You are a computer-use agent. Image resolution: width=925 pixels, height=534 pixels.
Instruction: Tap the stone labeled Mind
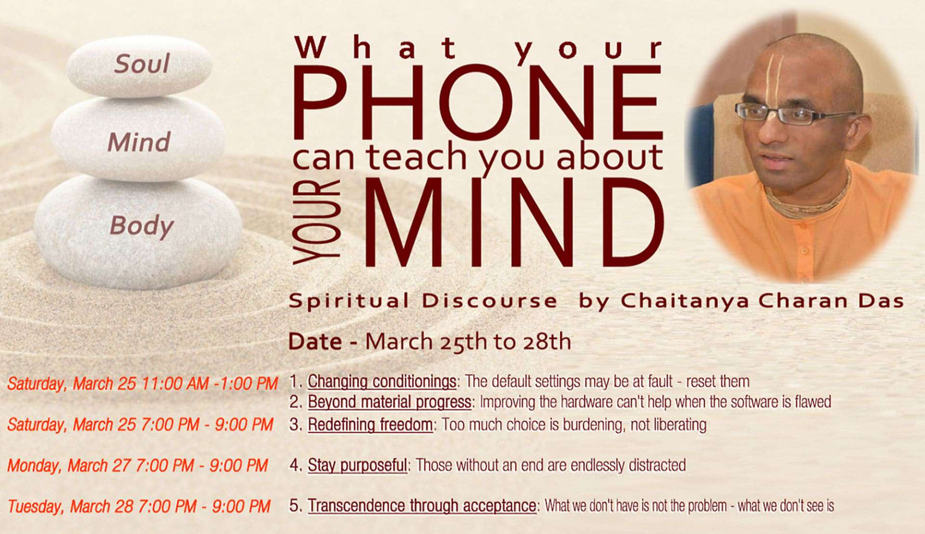click(139, 140)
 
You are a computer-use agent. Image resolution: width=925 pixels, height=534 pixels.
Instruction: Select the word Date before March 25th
click(315, 342)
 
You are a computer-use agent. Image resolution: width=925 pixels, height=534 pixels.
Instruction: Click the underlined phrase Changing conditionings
click(382, 382)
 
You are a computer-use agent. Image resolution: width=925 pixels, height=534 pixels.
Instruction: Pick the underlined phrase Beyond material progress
click(389, 402)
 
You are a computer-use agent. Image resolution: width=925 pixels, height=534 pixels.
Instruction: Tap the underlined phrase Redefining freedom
click(370, 425)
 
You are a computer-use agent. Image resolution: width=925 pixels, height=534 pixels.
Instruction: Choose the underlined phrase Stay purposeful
click(357, 466)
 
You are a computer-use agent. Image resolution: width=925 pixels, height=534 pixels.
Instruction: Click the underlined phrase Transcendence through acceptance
click(422, 506)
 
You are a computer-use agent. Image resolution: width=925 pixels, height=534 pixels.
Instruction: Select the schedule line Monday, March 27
click(137, 466)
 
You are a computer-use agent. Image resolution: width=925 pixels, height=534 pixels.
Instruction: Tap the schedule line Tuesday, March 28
click(139, 507)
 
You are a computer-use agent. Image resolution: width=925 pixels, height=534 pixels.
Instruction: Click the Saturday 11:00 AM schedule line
click(143, 384)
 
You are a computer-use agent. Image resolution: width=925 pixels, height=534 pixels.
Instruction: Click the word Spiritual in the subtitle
click(349, 301)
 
